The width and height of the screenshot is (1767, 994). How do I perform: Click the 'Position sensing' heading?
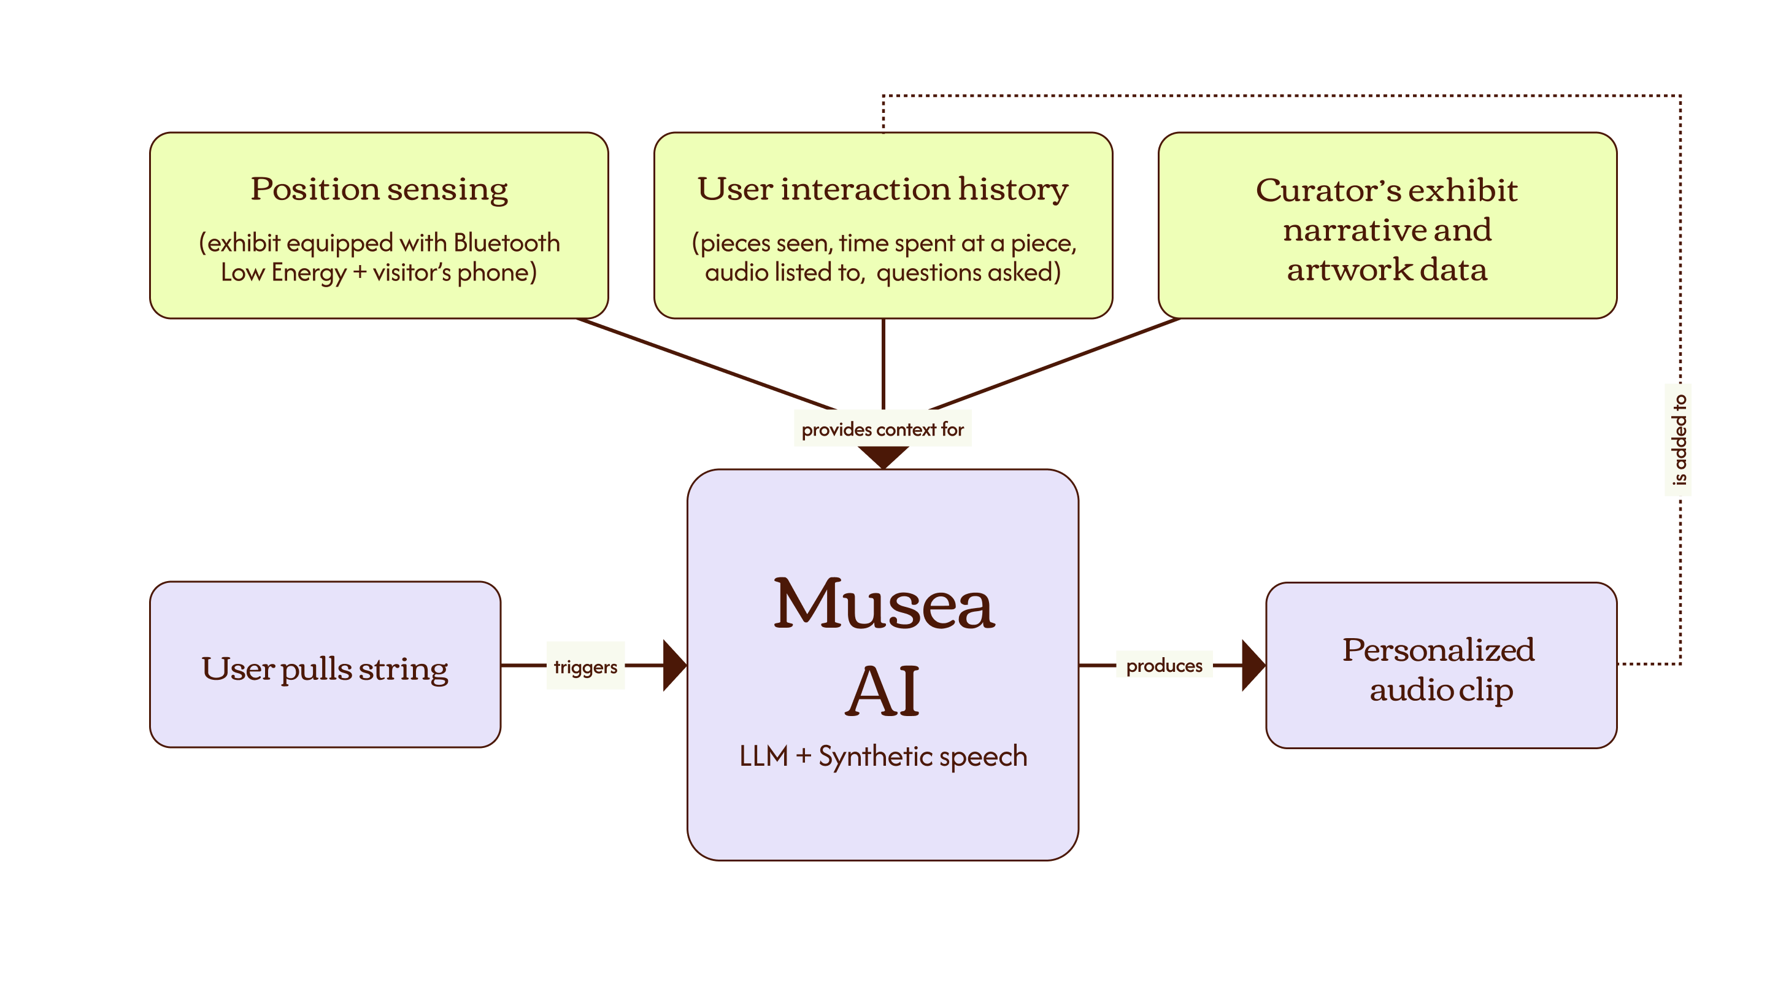[379, 190]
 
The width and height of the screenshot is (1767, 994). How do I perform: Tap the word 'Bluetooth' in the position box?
[506, 243]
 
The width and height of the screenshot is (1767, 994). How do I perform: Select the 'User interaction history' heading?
[883, 190]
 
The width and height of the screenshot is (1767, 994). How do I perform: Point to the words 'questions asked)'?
[969, 272]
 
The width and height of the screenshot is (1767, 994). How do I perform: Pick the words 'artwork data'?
[1387, 269]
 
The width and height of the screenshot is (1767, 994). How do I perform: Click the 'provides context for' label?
[882, 430]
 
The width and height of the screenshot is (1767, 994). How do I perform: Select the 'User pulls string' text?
[325, 669]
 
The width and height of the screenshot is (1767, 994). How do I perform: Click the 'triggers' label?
[585, 667]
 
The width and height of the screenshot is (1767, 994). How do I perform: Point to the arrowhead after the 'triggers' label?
[675, 665]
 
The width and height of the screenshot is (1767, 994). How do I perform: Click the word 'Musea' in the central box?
[883, 604]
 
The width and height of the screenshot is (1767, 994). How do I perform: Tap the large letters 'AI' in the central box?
[882, 690]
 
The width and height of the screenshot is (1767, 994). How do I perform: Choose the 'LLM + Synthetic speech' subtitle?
[883, 756]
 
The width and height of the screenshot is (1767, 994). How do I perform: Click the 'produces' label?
[1164, 665]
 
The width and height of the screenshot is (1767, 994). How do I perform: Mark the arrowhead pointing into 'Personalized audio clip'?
[1254, 665]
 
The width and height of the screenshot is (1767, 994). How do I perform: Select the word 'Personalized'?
[1438, 650]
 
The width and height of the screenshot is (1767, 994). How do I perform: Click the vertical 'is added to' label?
[1679, 440]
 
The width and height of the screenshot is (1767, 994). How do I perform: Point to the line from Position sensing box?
[707, 364]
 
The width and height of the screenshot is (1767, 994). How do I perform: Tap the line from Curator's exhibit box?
[1054, 364]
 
